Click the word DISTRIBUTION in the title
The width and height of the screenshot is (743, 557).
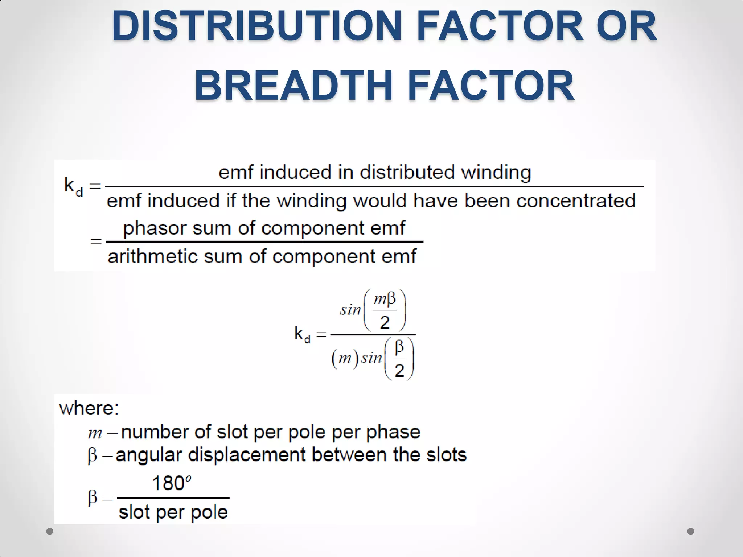pyautogui.click(x=256, y=26)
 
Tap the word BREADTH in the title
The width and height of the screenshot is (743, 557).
pyautogui.click(x=294, y=86)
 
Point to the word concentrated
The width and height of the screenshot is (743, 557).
pyautogui.click(x=576, y=201)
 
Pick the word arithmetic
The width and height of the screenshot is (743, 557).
pyautogui.click(x=152, y=257)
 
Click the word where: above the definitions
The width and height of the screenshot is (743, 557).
pyautogui.click(x=89, y=409)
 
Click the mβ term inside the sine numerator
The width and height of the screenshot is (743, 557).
pyautogui.click(x=385, y=300)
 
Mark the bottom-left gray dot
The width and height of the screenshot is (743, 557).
pyautogui.click(x=50, y=531)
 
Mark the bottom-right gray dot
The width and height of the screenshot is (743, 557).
pyautogui.click(x=691, y=531)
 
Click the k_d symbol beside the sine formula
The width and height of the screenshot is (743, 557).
pyautogui.click(x=302, y=334)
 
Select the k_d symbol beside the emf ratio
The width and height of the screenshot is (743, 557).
pyautogui.click(x=73, y=186)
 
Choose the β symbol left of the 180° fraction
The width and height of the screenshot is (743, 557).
pyautogui.click(x=93, y=497)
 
